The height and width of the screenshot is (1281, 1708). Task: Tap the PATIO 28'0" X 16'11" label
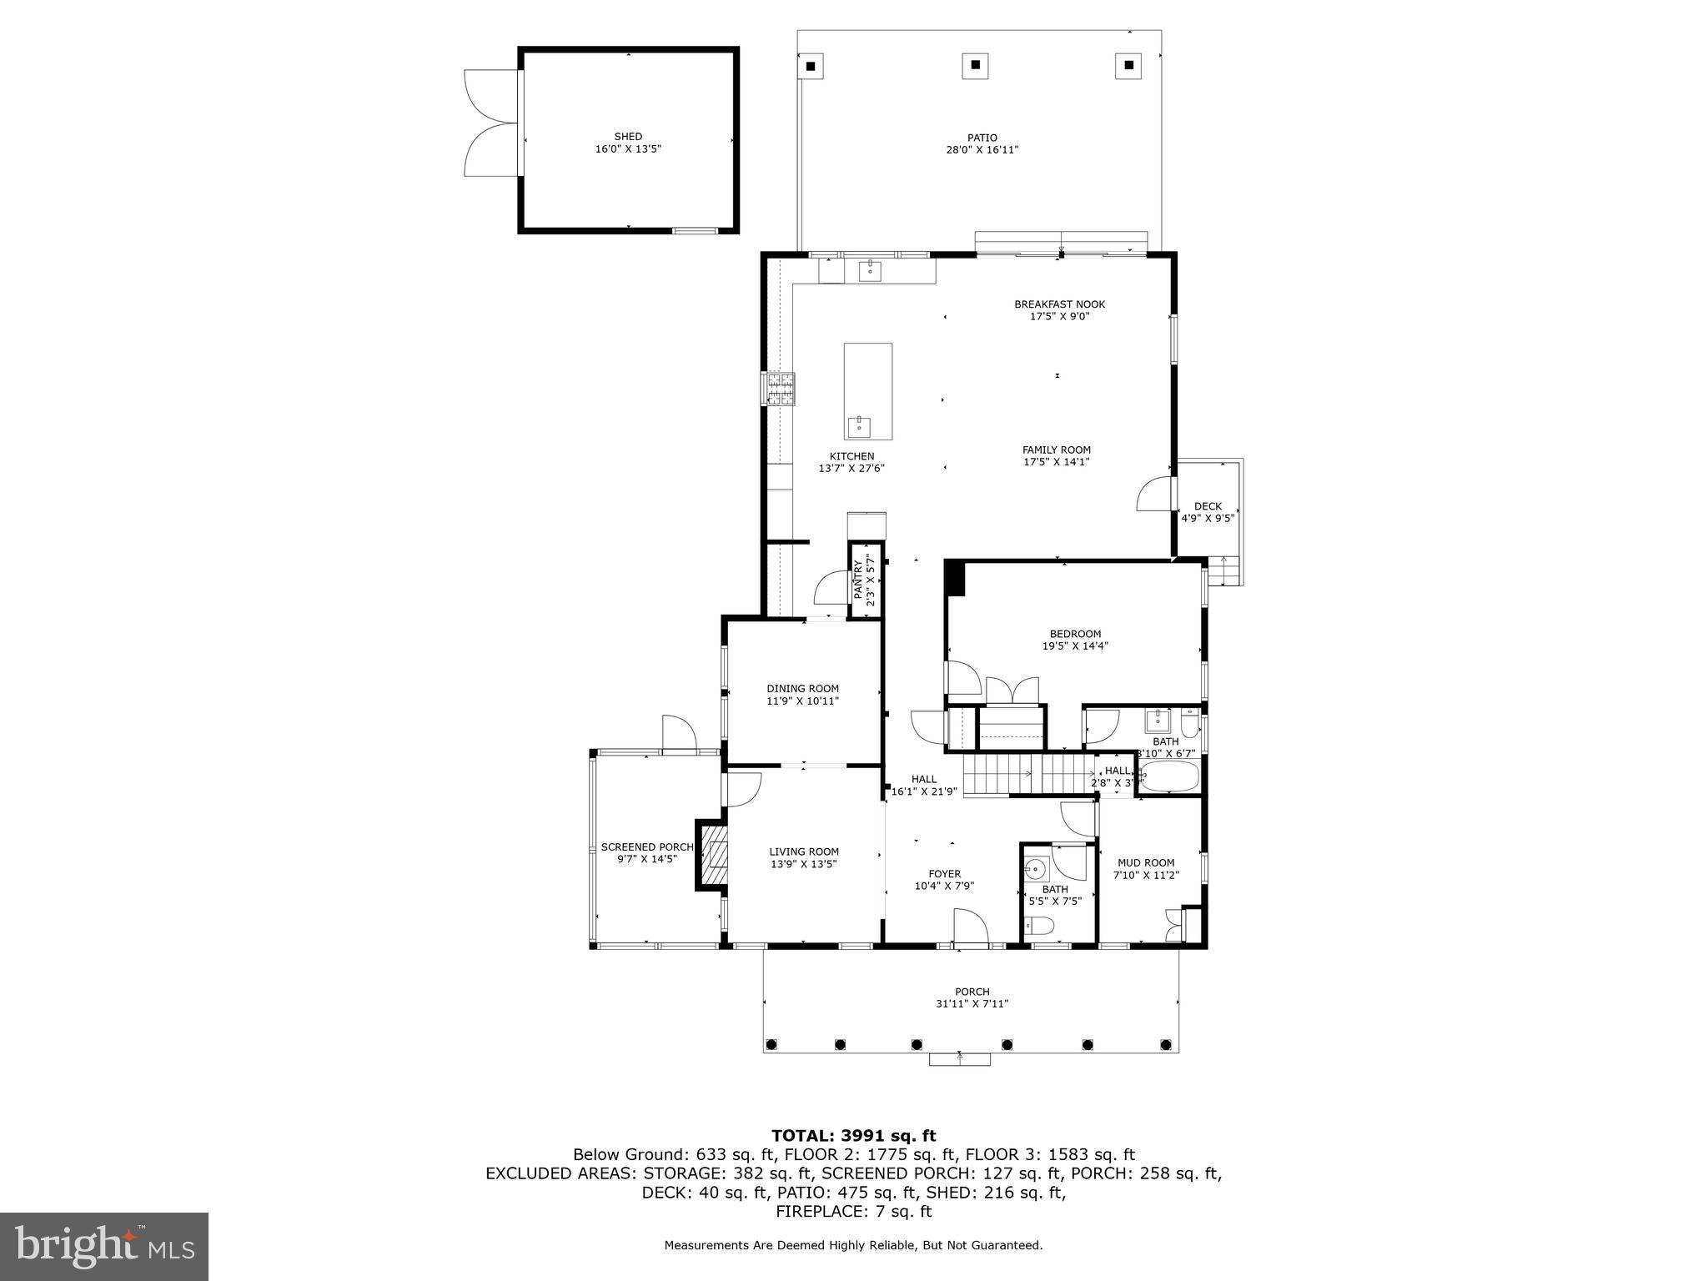point(982,144)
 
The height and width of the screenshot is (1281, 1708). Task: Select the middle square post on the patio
point(975,66)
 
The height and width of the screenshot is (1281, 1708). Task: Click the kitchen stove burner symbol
point(781,389)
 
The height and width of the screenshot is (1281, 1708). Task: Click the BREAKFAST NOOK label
point(1059,304)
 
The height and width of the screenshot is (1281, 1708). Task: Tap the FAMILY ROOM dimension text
point(1056,462)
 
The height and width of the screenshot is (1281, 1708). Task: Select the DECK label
point(1207,506)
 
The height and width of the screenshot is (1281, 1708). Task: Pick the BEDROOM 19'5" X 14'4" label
point(1075,640)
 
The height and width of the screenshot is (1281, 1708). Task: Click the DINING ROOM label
point(802,695)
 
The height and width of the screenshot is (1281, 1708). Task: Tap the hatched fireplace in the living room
point(714,855)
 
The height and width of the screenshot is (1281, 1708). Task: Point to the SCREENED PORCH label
point(646,852)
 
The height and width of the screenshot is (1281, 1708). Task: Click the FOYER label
point(944,880)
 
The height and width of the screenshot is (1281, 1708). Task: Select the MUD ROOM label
point(1145,869)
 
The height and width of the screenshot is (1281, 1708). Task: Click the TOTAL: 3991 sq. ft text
point(853,1136)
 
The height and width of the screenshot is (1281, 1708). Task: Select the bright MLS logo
point(104,1246)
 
